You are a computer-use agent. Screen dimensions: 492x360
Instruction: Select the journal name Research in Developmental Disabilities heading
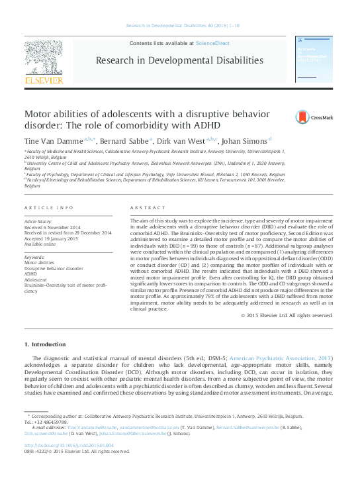pos(179,60)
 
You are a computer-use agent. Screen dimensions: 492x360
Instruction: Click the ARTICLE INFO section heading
pos(49,207)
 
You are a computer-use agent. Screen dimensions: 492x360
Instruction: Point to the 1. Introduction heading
pos(45,344)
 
